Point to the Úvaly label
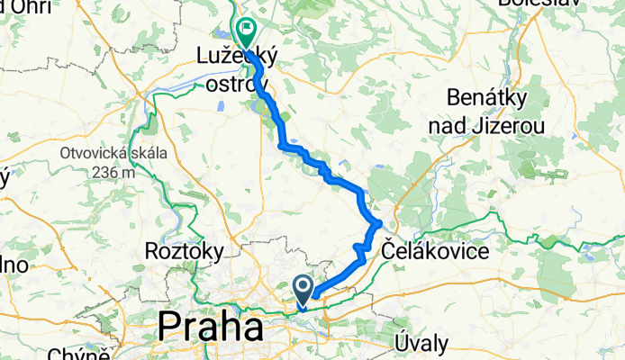(x=420, y=342)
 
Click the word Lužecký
(x=236, y=56)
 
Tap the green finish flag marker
(x=246, y=31)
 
